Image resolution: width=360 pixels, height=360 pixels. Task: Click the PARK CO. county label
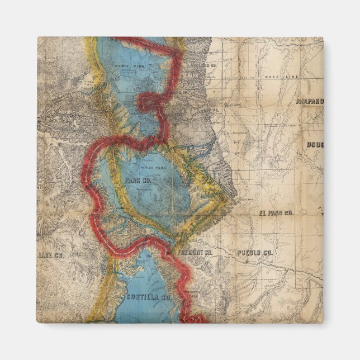139,181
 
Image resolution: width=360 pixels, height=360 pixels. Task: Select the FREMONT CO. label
195,253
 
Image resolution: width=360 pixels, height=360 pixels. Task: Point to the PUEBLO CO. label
254,253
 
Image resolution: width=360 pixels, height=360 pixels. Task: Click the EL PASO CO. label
276,213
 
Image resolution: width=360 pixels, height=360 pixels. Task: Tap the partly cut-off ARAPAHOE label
310,102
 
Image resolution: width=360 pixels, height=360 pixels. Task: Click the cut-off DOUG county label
315,145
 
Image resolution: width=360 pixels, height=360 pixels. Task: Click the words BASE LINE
282,76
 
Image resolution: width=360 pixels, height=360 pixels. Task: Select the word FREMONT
190,253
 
